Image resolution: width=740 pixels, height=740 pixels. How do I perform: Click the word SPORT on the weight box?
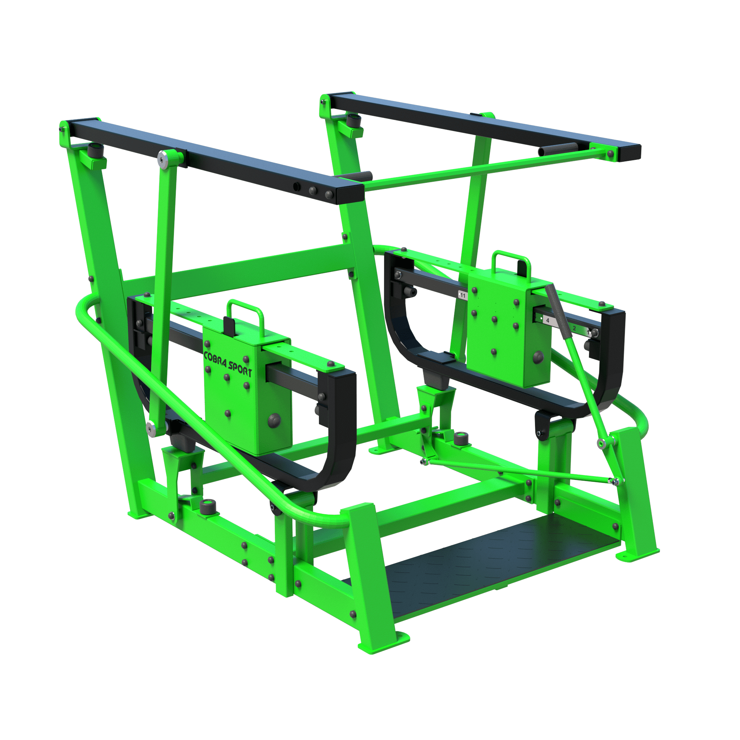(240, 369)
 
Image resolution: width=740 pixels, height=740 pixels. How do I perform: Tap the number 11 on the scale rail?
(463, 296)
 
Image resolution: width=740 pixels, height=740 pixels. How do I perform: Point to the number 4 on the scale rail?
(548, 320)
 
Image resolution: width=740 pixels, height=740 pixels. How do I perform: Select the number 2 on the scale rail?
(574, 328)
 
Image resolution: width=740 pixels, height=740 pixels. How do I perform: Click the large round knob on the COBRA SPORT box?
(274, 420)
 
